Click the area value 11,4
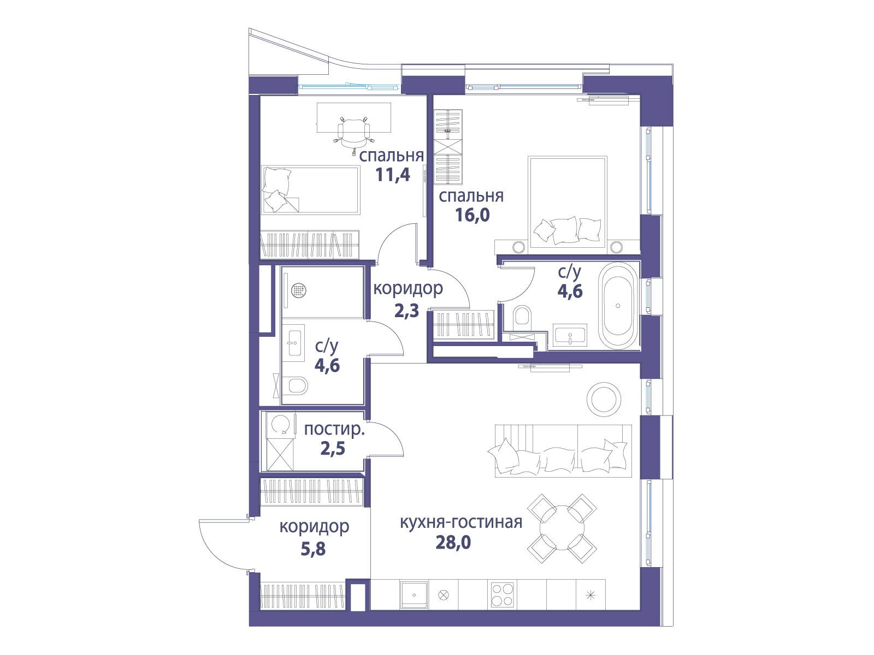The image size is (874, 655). pos(393,175)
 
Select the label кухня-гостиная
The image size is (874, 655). pos(461,522)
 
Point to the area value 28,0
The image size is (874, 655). pos(453,542)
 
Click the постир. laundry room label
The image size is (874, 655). pos(334,430)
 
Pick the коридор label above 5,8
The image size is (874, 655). pos(314,527)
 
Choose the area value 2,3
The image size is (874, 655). pos(407,310)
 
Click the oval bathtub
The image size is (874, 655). pos(618,306)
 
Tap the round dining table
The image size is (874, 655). pos(562,528)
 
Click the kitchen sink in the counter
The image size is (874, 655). pos(414,595)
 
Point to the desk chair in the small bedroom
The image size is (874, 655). pos(354,132)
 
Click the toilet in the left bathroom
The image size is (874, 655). pos(297,386)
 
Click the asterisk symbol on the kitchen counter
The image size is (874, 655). pos(591,596)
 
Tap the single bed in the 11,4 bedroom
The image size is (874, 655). pos(311,190)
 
